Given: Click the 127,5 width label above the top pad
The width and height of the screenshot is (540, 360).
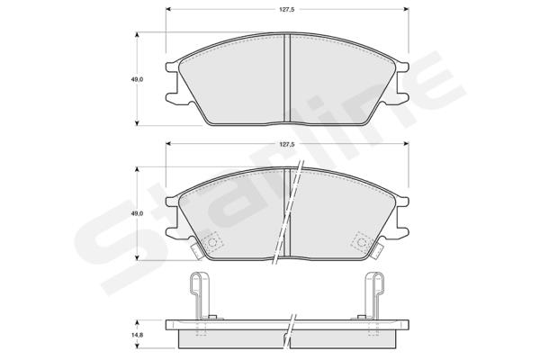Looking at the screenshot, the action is [x=286, y=10].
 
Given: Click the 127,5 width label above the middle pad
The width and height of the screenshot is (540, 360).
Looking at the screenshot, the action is [x=286, y=145].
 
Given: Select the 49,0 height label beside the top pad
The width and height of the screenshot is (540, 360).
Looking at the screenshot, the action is [x=137, y=79].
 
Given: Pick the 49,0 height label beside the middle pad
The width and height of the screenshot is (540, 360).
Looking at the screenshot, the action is [x=137, y=213].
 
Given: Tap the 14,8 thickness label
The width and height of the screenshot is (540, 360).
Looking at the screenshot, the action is [x=137, y=335].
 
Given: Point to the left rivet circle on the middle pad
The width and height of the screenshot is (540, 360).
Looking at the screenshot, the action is [x=212, y=242].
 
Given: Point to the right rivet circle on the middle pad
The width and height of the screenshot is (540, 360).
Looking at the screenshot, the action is [x=362, y=242].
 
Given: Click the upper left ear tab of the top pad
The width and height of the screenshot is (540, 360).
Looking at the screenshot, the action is [x=172, y=67].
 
